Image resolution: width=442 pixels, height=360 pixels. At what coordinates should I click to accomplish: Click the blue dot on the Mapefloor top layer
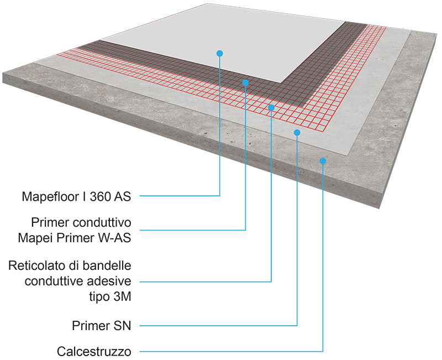[220, 53]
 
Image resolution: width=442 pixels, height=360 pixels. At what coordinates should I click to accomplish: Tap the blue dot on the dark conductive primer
[245, 82]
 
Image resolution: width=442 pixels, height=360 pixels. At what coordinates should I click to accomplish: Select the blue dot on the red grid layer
[271, 107]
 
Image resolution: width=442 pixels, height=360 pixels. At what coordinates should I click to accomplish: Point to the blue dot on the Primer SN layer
[297, 132]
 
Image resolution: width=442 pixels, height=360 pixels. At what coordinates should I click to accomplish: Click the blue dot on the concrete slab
[323, 160]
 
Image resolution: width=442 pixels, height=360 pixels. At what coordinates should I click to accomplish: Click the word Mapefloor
[51, 196]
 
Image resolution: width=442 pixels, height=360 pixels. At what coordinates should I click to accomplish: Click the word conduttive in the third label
[55, 281]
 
